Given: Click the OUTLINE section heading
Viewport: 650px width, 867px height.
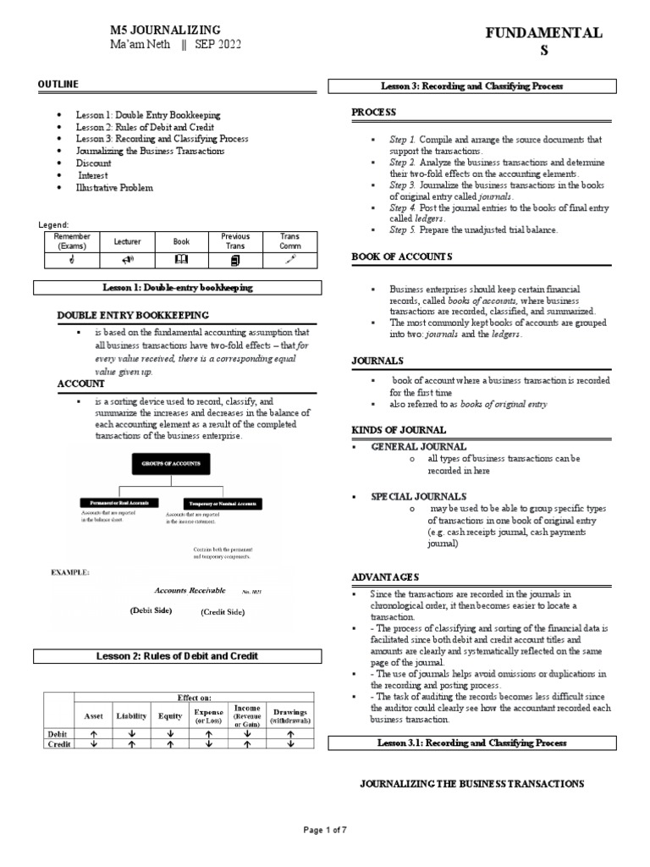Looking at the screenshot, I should click(58, 84).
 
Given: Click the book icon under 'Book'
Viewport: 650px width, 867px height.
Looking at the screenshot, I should click(181, 258).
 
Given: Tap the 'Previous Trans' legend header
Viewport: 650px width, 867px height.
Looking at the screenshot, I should click(235, 241).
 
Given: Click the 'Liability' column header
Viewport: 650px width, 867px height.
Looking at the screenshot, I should click(131, 715).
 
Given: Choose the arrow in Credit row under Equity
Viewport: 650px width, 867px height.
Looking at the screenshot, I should click(170, 744).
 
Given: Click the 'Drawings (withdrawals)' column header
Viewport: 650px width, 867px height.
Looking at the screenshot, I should click(290, 715).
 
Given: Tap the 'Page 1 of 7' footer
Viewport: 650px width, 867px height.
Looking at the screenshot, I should click(325, 830).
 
